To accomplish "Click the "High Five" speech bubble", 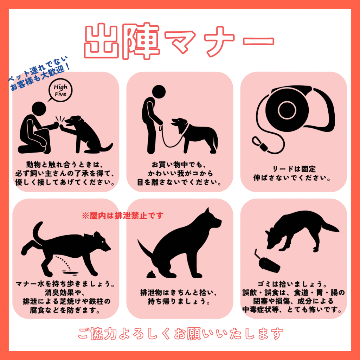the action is (60, 90).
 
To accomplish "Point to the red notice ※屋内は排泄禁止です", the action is (123, 216).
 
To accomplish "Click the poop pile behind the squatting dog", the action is (151, 274).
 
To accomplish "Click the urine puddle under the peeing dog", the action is (70, 272).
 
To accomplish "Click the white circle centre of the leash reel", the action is (287, 110).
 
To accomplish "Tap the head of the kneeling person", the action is (39, 109).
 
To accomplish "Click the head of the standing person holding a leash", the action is (159, 92).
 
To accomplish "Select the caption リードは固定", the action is (294, 169).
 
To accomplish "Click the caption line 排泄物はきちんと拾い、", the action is (179, 292).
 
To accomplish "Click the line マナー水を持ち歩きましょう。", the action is (65, 284).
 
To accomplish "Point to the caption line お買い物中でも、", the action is (179, 165).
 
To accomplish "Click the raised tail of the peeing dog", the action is (37, 232).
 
